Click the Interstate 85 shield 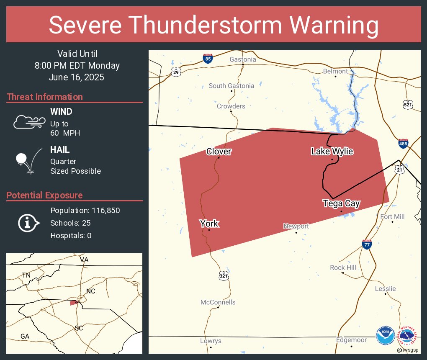click(x=208, y=59)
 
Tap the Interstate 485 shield click(x=403, y=143)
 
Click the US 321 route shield click(x=224, y=276)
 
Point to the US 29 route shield click(x=176, y=72)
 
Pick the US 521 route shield click(x=408, y=104)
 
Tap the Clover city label click(x=219, y=152)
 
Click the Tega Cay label click(x=341, y=203)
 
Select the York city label click(x=209, y=223)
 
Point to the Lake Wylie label click(x=332, y=151)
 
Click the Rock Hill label click(x=343, y=267)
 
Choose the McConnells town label click(x=218, y=302)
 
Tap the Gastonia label click(x=243, y=59)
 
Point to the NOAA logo click(x=385, y=336)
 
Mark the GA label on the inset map click(x=25, y=336)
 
